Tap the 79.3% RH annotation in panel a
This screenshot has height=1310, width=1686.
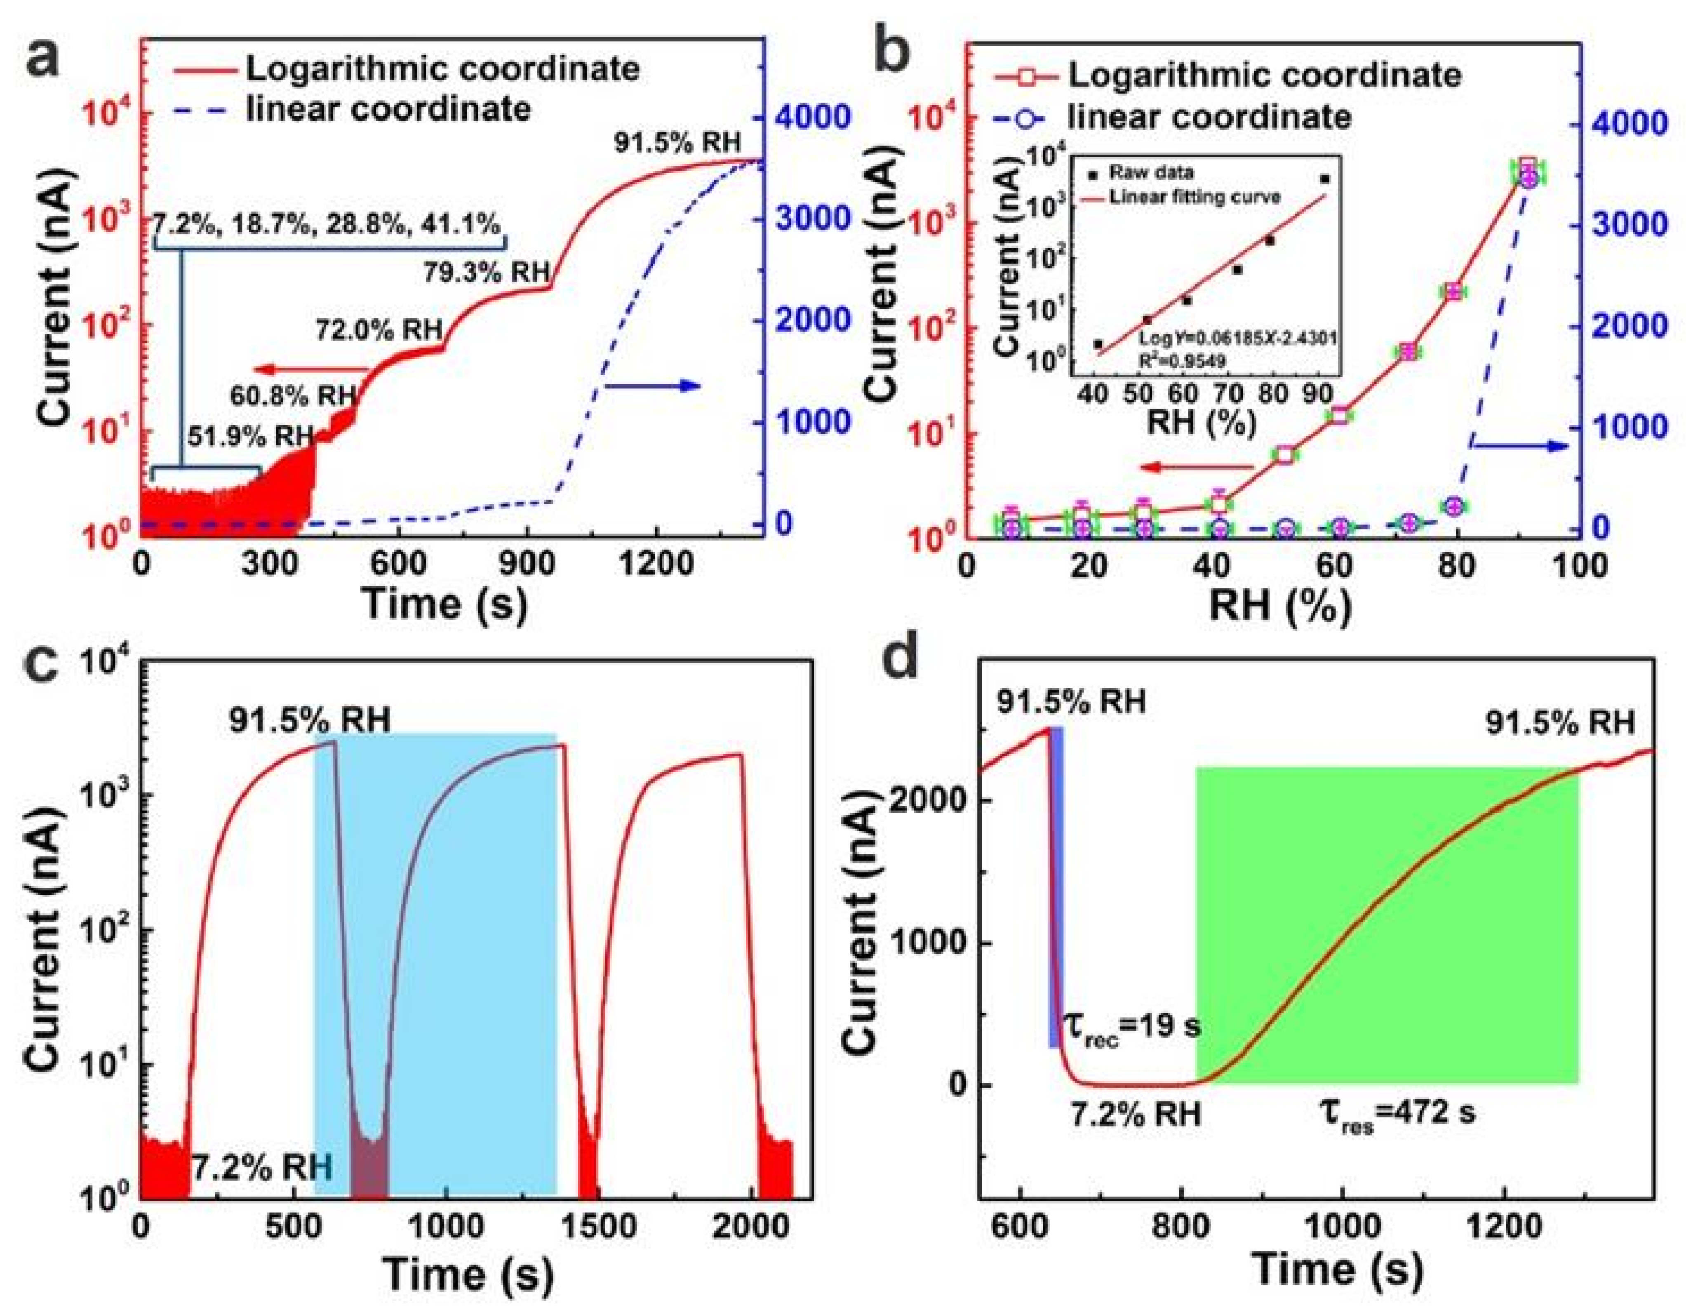click(487, 272)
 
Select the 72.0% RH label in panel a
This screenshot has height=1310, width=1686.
click(378, 330)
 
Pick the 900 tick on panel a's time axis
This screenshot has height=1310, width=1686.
click(527, 564)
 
